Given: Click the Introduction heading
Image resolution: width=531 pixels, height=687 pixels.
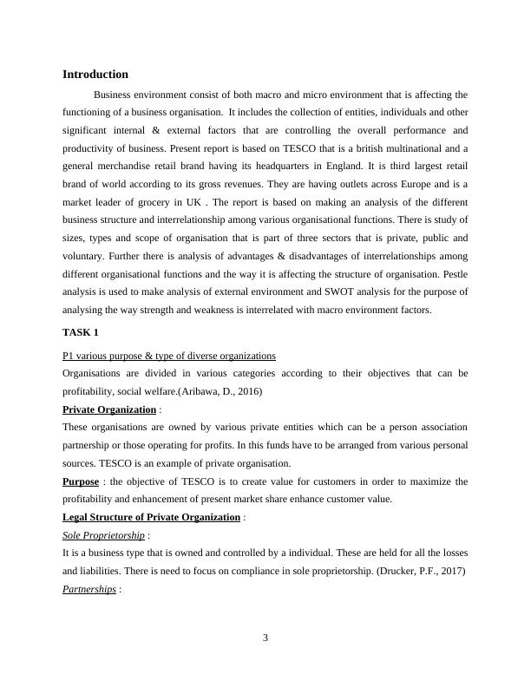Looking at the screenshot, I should click(x=95, y=75).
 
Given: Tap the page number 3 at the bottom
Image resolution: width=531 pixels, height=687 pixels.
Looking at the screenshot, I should click(x=265, y=638).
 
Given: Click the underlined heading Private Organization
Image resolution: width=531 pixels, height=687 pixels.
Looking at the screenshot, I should click(x=109, y=409).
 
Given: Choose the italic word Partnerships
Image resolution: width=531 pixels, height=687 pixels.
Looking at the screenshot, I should click(x=88, y=590).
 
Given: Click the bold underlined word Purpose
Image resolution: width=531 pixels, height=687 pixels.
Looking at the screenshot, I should click(x=81, y=481).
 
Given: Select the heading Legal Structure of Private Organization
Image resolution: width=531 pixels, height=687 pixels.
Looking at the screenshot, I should click(x=151, y=518).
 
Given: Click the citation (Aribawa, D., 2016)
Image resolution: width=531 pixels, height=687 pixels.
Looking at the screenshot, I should click(x=213, y=391).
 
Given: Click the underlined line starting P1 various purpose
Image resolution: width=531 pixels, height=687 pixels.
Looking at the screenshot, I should click(x=169, y=356).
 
